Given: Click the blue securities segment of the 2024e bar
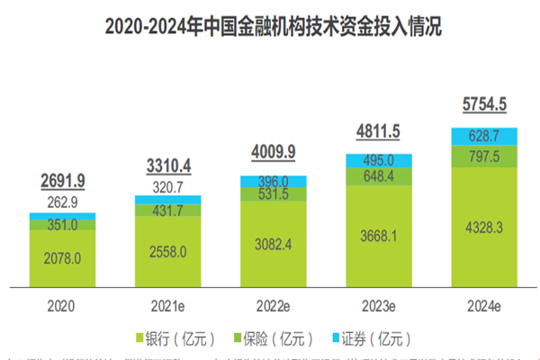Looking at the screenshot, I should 485,135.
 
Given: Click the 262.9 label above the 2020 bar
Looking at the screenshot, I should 63,203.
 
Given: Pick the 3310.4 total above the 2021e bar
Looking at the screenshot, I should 168,166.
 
